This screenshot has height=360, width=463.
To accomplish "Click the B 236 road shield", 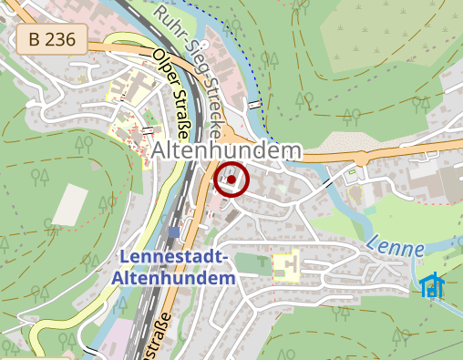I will pyautogui.click(x=51, y=39).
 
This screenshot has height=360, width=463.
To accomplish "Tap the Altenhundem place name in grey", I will pyautogui.click(x=228, y=151).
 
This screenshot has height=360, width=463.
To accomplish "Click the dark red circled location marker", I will pyautogui.click(x=231, y=180).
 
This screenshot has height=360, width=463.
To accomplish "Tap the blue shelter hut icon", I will pyautogui.click(x=431, y=285).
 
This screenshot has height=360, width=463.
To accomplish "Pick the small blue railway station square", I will pyautogui.click(x=174, y=233).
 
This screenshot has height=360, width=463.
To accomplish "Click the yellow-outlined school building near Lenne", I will pyautogui.click(x=286, y=267).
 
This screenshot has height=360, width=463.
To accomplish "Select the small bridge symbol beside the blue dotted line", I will pyautogui.click(x=255, y=106).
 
